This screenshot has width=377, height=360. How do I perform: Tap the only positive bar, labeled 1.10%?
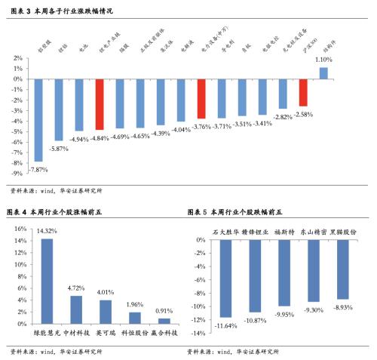click(323, 72)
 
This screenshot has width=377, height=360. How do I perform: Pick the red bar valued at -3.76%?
click(201, 98)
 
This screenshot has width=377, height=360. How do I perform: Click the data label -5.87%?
click(59, 149)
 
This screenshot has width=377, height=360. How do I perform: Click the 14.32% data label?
click(47, 230)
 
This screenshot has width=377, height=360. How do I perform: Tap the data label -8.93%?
click(342, 307)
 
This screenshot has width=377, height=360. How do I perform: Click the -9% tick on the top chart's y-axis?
click(16, 173)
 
